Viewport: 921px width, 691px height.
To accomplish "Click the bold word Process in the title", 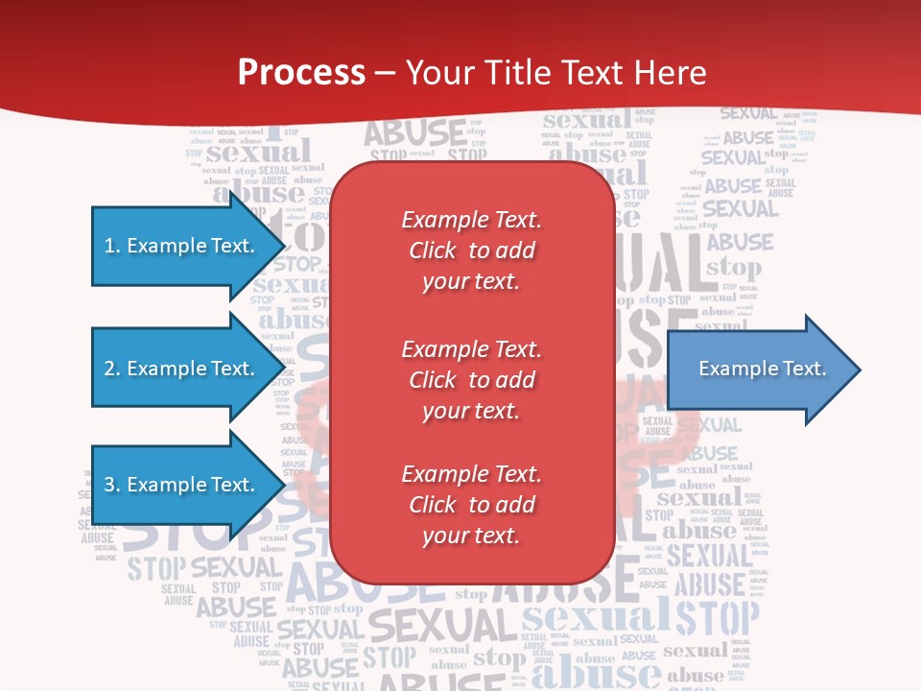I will pyautogui.click(x=301, y=72).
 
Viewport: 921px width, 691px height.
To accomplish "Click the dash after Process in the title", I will pyautogui.click(x=385, y=73).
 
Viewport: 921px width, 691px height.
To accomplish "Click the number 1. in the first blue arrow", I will pyautogui.click(x=112, y=246).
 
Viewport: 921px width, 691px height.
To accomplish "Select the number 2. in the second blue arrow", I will pyautogui.click(x=112, y=369).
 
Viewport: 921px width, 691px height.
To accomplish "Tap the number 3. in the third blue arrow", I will pyautogui.click(x=112, y=485).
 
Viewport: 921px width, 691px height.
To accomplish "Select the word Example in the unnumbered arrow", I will pyautogui.click(x=735, y=369).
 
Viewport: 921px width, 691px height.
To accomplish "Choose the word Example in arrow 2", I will pyautogui.click(x=166, y=369).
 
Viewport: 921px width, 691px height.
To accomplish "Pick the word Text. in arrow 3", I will pyautogui.click(x=232, y=485).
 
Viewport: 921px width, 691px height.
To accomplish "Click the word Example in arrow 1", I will pyautogui.click(x=166, y=246).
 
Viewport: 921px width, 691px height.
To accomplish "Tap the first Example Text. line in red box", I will pyautogui.click(x=471, y=220).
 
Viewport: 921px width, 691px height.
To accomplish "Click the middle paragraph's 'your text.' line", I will pyautogui.click(x=471, y=411).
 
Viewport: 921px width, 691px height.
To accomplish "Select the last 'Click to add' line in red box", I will pyautogui.click(x=471, y=505).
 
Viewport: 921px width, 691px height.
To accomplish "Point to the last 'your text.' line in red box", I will pyautogui.click(x=471, y=536).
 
